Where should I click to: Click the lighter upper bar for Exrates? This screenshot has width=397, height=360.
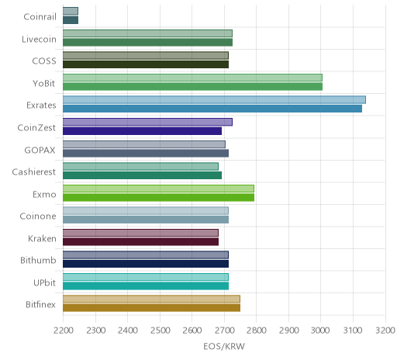click(x=214, y=100)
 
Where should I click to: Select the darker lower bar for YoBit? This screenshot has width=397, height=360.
click(x=192, y=87)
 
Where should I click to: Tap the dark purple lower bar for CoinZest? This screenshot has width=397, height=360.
click(x=142, y=131)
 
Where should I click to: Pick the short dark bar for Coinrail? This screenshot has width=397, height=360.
click(x=71, y=20)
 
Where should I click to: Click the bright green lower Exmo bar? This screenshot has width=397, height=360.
click(x=158, y=197)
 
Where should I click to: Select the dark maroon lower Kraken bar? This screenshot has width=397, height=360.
click(x=140, y=241)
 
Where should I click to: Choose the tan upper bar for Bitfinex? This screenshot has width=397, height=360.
click(x=151, y=299)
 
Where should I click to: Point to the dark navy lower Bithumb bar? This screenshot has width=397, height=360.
click(x=146, y=264)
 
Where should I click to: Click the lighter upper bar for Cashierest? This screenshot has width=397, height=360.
click(x=140, y=167)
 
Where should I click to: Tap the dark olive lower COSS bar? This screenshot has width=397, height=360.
click(x=146, y=64)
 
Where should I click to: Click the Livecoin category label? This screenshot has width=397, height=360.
click(x=39, y=40)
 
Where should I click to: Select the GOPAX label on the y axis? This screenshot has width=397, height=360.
click(x=40, y=151)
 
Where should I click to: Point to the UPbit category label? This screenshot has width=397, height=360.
click(x=44, y=282)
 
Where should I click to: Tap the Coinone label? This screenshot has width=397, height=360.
click(x=38, y=216)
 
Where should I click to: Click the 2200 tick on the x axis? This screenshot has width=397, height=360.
click(x=64, y=331)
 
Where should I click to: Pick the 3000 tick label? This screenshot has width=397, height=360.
click(x=320, y=331)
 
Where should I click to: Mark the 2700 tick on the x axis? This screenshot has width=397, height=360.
click(x=224, y=331)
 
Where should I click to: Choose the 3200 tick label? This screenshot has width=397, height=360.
click(x=385, y=331)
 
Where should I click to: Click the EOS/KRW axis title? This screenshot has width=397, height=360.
click(x=224, y=346)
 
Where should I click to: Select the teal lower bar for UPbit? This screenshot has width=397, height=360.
click(x=146, y=286)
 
